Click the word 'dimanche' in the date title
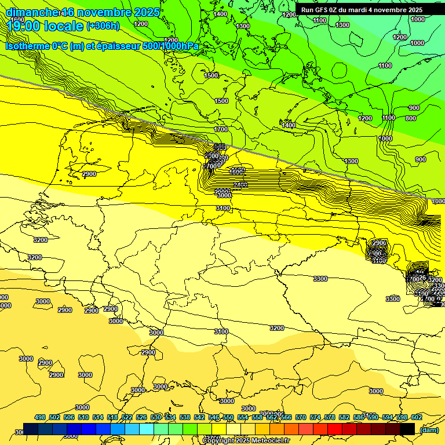coord(32,12)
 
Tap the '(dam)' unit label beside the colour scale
coord(428,429)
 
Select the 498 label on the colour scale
coord(40,417)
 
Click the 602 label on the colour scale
coord(416,417)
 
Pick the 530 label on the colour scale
coord(156,417)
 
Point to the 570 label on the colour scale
coord(300,417)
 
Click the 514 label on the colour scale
coord(98,417)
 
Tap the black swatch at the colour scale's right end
coord(407,429)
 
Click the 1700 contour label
coord(221,129)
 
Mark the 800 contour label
coord(410,118)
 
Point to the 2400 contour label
coord(241,185)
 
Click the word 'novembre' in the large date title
coord(112,12)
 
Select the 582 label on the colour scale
coord(344,417)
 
